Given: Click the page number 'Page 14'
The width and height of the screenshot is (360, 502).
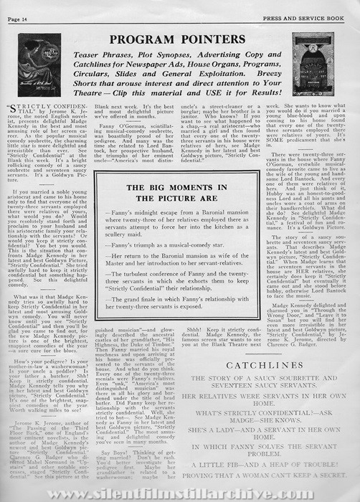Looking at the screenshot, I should click(x=22, y=8).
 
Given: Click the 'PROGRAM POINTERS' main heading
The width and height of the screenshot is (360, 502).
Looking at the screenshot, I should click(x=179, y=37).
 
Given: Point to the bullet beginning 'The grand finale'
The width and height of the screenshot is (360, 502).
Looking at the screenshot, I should click(x=179, y=291).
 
